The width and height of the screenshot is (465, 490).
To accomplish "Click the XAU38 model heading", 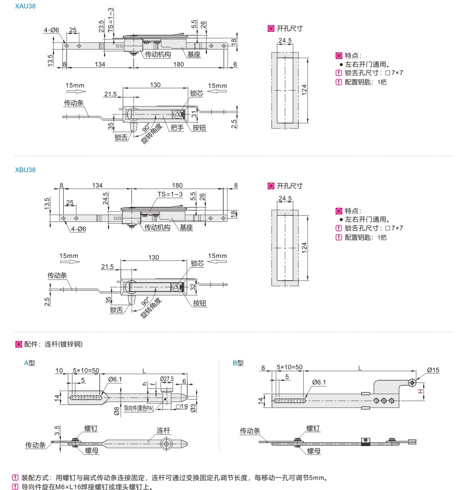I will pyautogui.click(x=25, y=6).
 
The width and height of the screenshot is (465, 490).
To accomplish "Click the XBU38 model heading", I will pyautogui.click(x=25, y=170).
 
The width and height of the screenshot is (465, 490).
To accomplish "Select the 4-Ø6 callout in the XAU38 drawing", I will pyautogui.click(x=52, y=30).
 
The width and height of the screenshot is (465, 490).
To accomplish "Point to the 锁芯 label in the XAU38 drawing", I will pyautogui.click(x=196, y=93).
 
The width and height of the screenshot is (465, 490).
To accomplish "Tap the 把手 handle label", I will pyautogui.click(x=177, y=127).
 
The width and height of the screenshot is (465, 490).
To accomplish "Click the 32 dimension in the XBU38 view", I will pyautogui.click(x=193, y=287).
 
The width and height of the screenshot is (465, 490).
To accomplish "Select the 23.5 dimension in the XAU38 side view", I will pyautogui.click(x=102, y=26).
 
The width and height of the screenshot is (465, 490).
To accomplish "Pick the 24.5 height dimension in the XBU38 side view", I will pyautogui.click(x=106, y=198).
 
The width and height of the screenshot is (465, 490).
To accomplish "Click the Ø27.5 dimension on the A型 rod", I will pyautogui.click(x=167, y=379).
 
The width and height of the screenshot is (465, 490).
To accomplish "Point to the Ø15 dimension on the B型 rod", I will pyautogui.click(x=433, y=370).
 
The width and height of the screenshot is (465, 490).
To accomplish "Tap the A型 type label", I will pyautogui.click(x=29, y=363).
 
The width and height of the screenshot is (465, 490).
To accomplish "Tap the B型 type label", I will pyautogui.click(x=238, y=363).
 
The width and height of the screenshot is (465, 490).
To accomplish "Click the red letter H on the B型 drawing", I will pyautogui.click(x=421, y=392).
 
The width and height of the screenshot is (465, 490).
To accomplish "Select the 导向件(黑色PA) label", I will pyautogui.click(x=139, y=408).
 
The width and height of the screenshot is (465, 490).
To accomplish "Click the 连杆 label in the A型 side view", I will pyautogui.click(x=163, y=431).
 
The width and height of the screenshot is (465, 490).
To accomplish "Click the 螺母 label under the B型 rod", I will pyautogui.click(x=314, y=451).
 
